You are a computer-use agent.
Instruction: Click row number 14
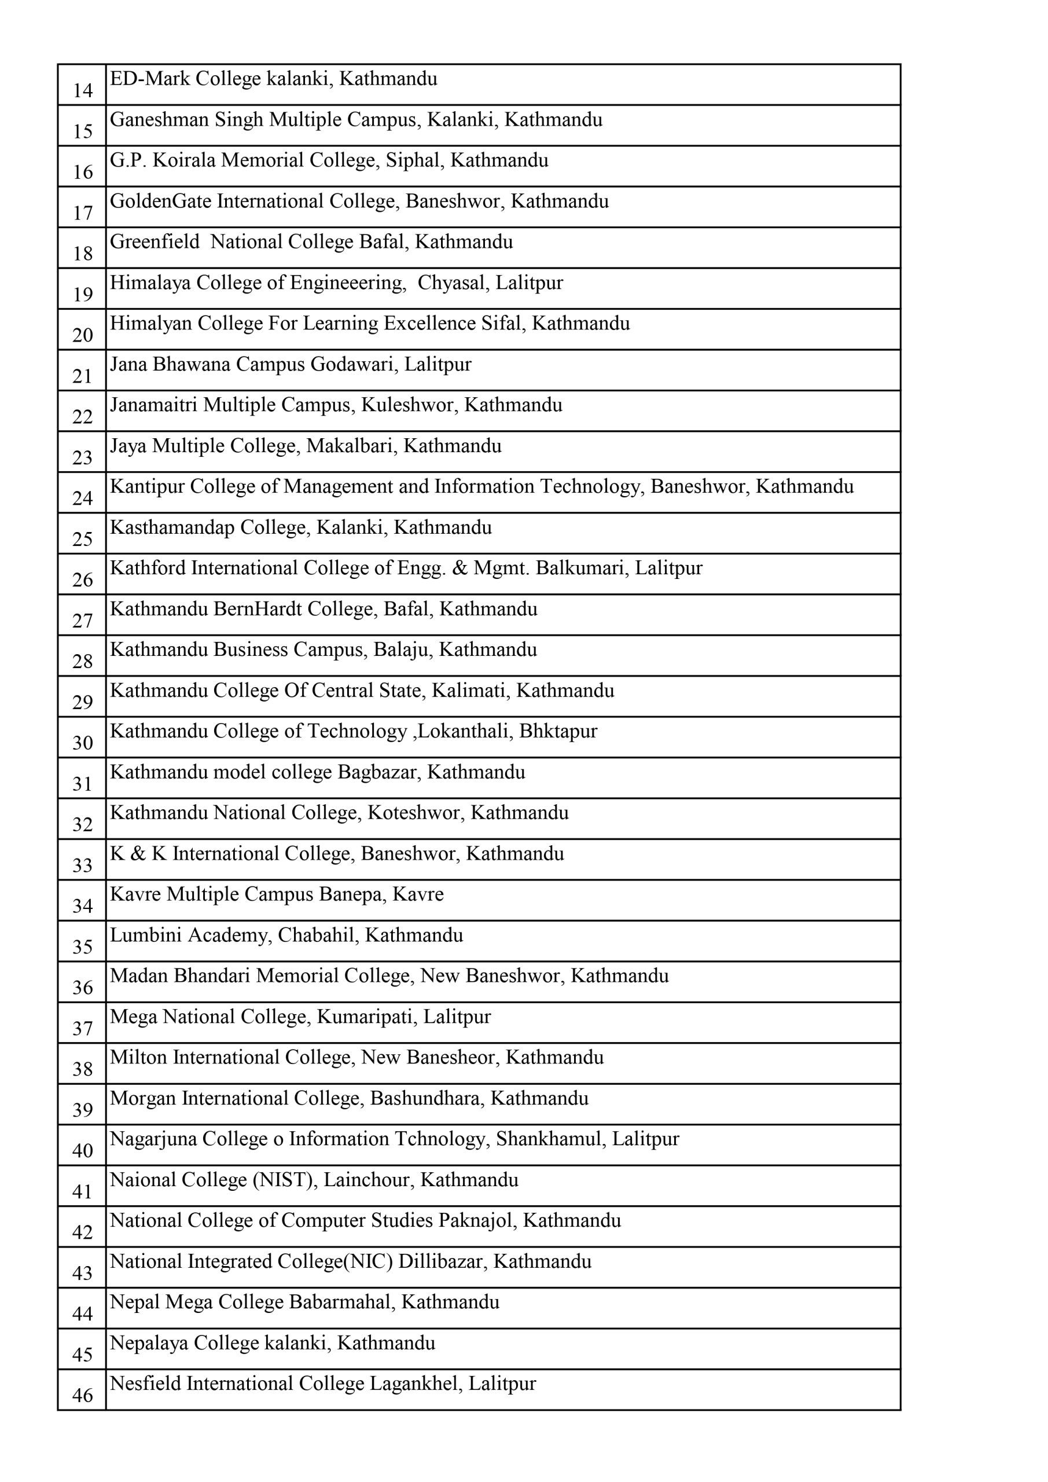[x=83, y=90]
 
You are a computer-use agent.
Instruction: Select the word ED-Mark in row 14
[x=150, y=79]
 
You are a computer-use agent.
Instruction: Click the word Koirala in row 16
[x=184, y=160]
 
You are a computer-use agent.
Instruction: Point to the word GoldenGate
[x=161, y=201]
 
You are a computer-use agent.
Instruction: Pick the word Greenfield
[x=155, y=242]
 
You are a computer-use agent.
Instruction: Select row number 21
[x=83, y=376]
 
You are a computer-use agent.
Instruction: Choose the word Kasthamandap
[x=172, y=528]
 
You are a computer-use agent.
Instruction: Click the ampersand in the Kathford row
[x=459, y=568]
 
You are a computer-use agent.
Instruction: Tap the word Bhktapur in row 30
[x=558, y=731]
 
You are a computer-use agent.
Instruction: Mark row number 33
[x=83, y=865]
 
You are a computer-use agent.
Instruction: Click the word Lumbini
[x=145, y=936]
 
